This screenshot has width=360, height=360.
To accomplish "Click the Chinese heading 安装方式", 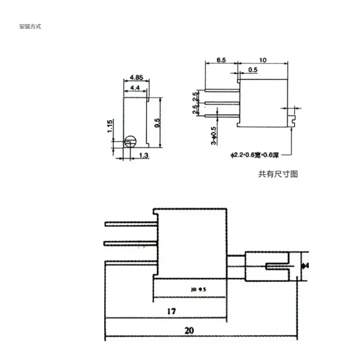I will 30,27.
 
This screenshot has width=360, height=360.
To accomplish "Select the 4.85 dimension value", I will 136,77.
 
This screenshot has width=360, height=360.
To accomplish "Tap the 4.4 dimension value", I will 135,87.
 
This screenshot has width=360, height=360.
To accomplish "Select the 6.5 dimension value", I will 221,59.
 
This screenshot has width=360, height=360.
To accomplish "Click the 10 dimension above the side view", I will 263,59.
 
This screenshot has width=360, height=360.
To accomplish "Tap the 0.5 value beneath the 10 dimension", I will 253,70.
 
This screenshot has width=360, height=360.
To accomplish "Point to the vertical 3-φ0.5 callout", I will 214,135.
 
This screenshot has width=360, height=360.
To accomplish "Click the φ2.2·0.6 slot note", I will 255,156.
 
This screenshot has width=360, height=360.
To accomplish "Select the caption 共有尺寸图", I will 278,174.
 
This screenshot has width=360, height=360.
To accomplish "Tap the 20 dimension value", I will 189,330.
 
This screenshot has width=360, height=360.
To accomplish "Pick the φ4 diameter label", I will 305,265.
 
